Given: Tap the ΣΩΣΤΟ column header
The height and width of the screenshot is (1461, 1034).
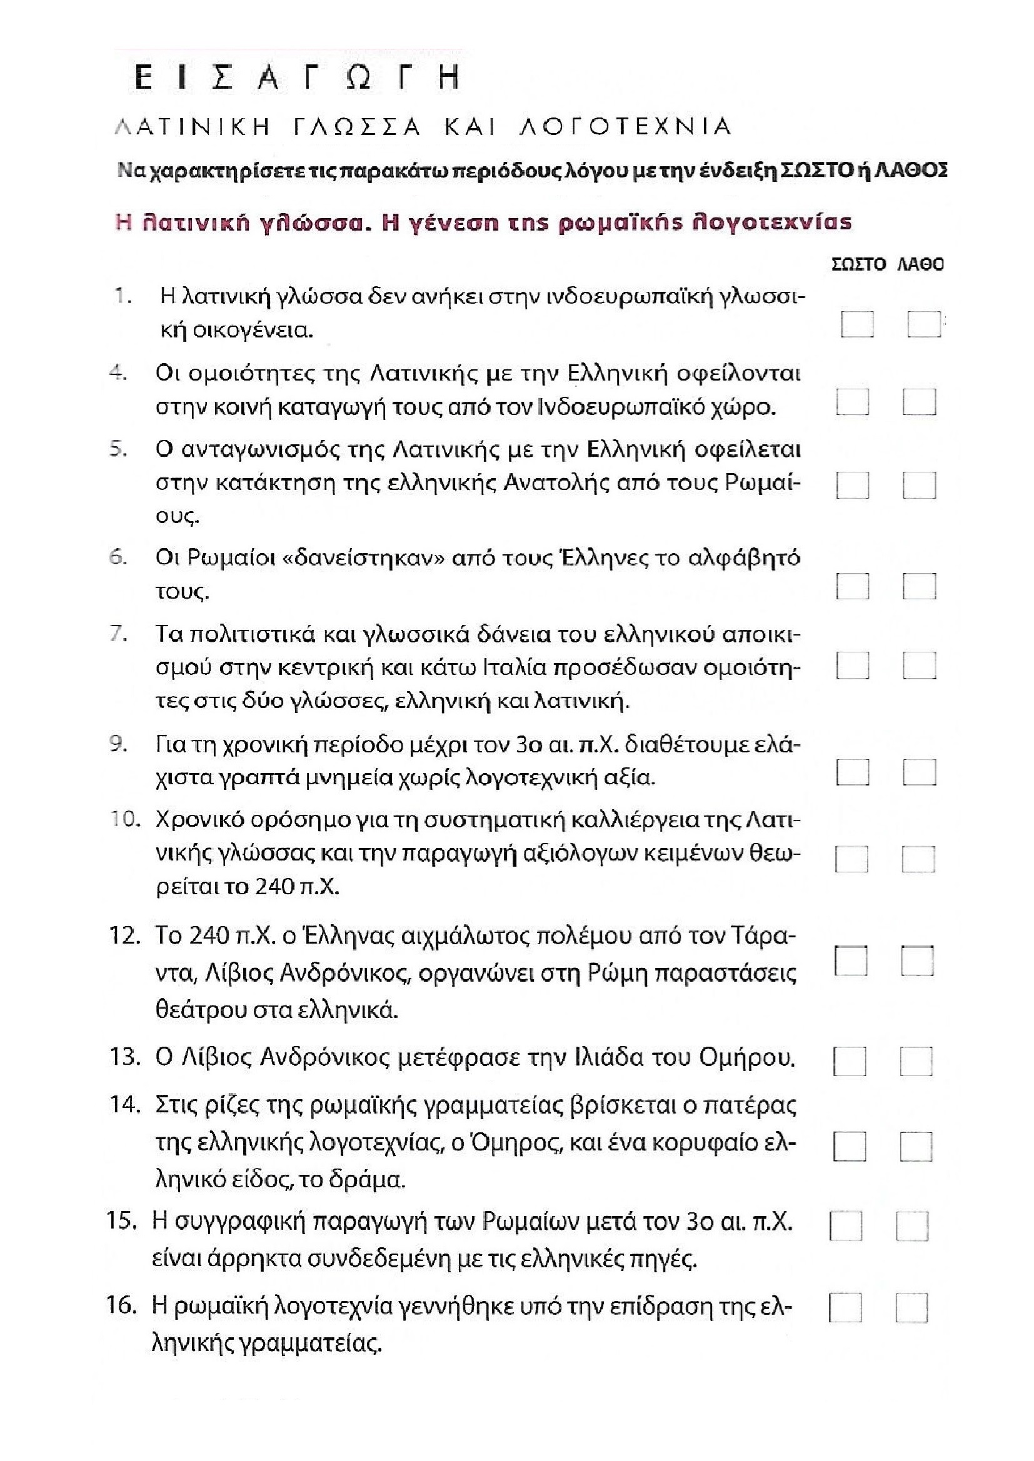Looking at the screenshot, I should (x=859, y=264).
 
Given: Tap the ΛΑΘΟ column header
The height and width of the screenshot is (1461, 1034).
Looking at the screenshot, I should (x=920, y=264).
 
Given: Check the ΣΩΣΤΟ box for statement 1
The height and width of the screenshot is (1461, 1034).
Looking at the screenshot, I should (x=856, y=324).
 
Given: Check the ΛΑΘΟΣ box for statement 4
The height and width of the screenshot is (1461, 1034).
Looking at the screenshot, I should (x=919, y=402).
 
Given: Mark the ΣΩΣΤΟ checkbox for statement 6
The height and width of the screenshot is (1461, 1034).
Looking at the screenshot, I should (x=853, y=586).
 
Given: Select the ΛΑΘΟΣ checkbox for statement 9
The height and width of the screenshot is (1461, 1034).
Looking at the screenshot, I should (x=919, y=773).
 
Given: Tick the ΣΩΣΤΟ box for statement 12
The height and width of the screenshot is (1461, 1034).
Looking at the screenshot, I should (x=851, y=961).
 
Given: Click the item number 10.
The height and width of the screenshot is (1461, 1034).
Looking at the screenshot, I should (x=125, y=820).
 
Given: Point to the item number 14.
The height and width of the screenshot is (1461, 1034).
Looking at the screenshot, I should (x=125, y=1105).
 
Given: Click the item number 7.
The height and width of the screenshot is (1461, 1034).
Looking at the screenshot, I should (x=119, y=635).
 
